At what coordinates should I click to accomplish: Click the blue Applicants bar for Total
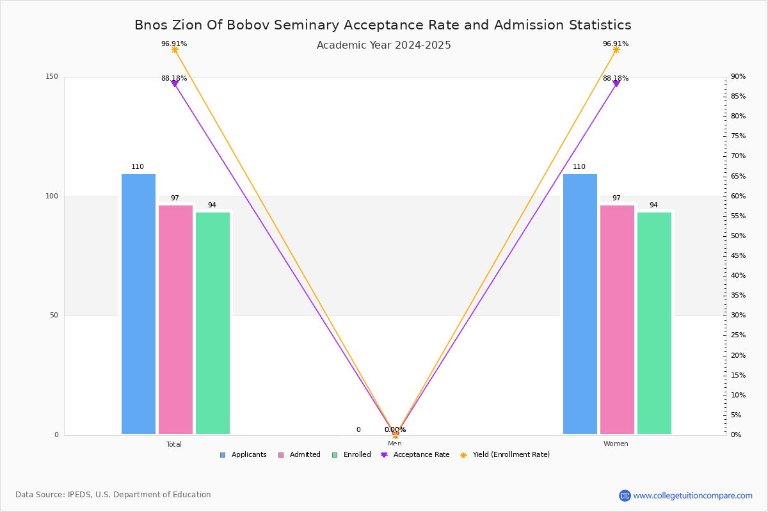pos(138,304)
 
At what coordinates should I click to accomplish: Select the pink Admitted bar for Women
pos(617,319)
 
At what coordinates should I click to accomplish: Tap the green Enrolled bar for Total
pos(212,323)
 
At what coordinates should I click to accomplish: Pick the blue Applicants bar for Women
pos(580,304)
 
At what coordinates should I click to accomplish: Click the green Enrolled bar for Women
pos(654,323)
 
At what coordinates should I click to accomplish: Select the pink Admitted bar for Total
pos(175,319)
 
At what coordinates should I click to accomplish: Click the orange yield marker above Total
pos(175,50)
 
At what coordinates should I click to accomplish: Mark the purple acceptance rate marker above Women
pos(616,84)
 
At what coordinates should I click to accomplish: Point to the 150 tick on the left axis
pos(52,77)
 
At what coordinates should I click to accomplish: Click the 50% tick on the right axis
pos(738,236)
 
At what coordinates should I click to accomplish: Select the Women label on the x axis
pos(616,444)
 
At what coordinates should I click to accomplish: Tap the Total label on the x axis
pos(174,444)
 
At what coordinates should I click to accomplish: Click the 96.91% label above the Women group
pos(615,44)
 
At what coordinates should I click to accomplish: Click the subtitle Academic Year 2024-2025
pos(383,45)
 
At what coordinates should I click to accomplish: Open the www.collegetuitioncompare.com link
pos(692,495)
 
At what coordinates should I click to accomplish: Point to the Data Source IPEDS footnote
pos(113,495)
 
